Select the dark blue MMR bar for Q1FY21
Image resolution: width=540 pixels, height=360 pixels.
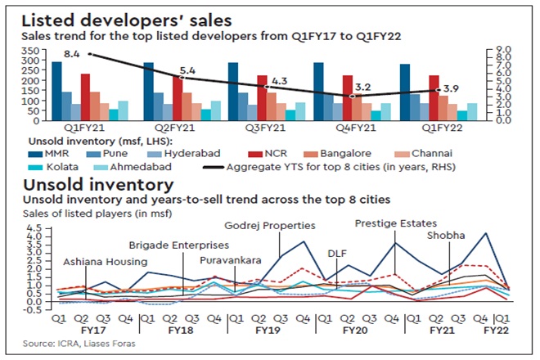click(x=56, y=90)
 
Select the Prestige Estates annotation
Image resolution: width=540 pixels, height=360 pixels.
click(x=394, y=222)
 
